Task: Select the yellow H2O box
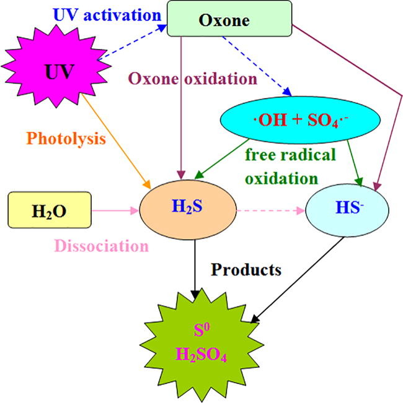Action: pos(50,210)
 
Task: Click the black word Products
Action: pos(246,270)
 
